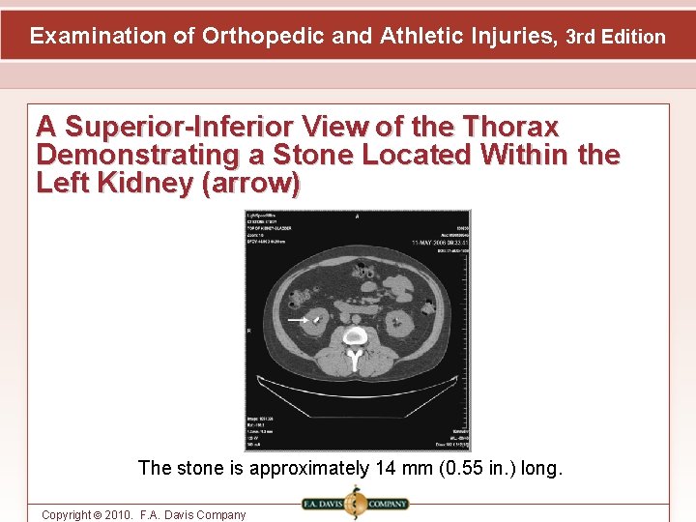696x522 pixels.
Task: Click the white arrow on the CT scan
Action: (298, 318)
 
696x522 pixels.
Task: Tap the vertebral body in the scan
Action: (356, 336)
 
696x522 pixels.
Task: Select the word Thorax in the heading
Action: (510, 127)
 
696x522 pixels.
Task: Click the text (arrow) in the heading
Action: (251, 183)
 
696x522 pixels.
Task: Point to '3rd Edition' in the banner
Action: (615, 38)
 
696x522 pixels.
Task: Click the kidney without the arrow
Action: (400, 322)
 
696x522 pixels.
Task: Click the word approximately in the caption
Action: (309, 469)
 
